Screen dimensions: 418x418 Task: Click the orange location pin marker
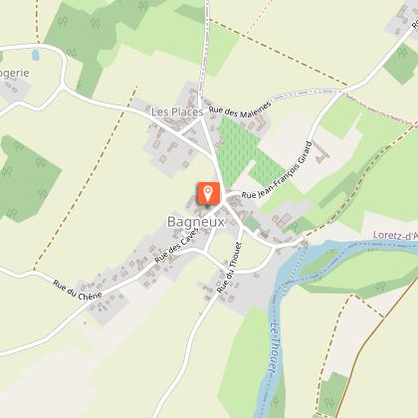click(x=209, y=193)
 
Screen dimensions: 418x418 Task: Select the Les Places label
click(x=171, y=111)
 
